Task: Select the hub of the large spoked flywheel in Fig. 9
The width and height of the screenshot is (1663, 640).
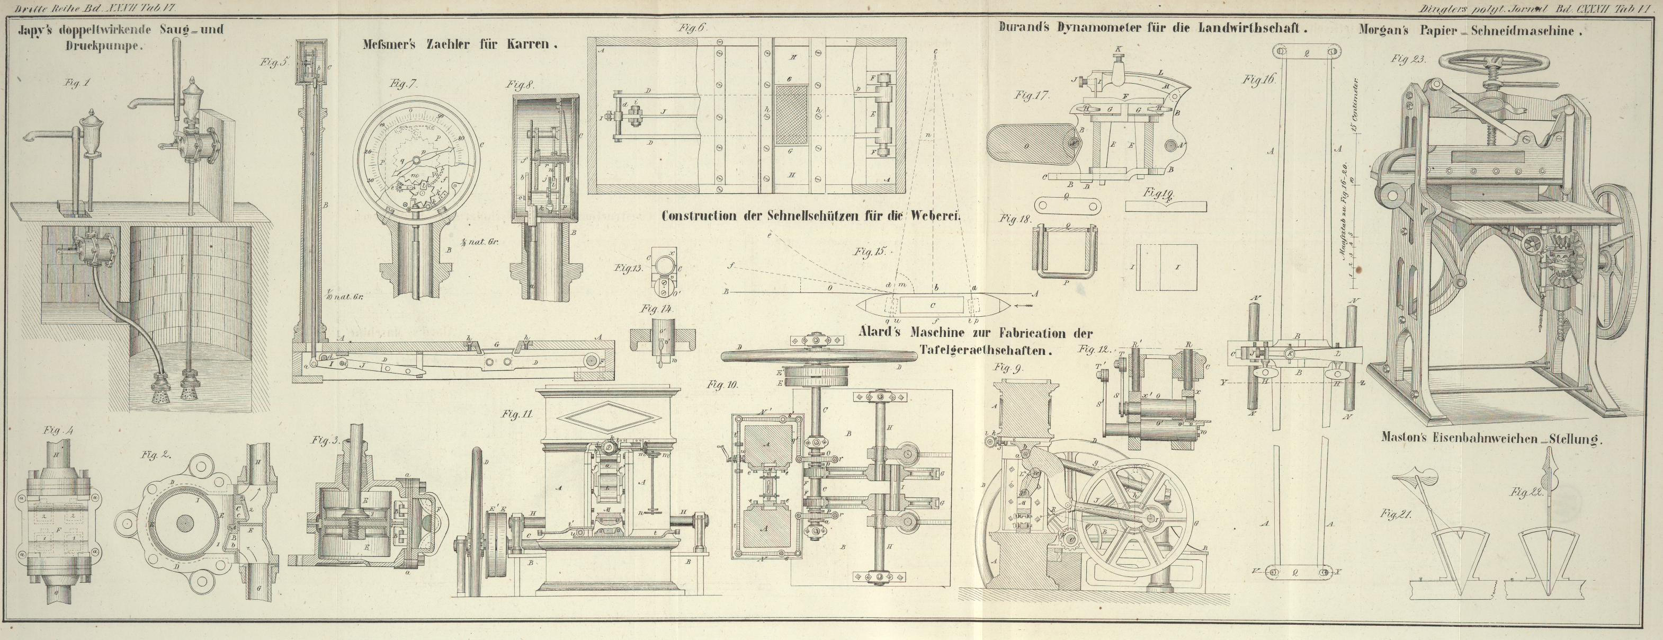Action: pyautogui.click(x=1150, y=518)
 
